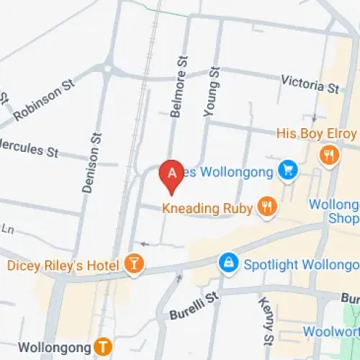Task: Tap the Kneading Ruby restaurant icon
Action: [x=267, y=207]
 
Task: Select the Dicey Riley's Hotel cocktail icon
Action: [x=133, y=264]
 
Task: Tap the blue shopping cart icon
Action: [x=289, y=171]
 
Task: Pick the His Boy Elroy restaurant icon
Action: [x=330, y=154]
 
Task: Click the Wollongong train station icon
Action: [x=104, y=346]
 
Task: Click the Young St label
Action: [x=212, y=90]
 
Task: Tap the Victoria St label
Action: [x=310, y=84]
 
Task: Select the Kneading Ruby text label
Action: [x=207, y=209]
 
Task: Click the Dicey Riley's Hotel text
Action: [x=63, y=266]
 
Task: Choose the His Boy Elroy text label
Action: [x=317, y=134]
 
